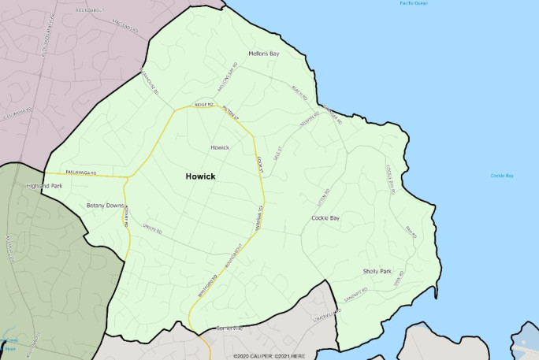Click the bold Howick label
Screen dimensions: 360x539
click(200, 176)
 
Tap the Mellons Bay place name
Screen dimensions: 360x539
click(263, 54)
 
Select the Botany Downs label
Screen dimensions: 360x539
click(106, 206)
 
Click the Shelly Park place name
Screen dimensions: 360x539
click(377, 271)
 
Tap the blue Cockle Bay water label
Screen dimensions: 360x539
click(501, 176)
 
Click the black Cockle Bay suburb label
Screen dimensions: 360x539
click(325, 217)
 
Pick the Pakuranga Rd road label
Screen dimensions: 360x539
click(80, 173)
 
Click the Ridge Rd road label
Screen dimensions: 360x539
click(204, 105)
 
